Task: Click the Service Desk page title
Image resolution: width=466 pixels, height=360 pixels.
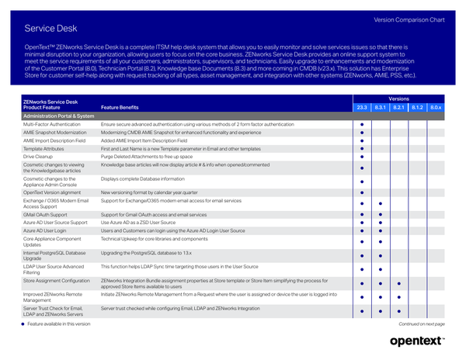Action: tap(50, 28)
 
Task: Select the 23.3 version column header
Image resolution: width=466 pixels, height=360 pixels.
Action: tap(362, 107)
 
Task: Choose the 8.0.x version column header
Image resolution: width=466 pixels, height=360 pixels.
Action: tap(436, 107)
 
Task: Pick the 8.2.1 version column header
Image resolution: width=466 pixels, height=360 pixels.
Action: tap(398, 107)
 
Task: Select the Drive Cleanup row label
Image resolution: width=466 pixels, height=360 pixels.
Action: tap(38, 156)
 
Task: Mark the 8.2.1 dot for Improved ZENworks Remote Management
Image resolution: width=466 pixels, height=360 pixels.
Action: tap(398, 298)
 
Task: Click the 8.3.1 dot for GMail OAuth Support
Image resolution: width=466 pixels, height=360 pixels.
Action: tap(381, 214)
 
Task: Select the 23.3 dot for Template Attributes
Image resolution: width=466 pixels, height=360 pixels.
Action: tap(362, 147)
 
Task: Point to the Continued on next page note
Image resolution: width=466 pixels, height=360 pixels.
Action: tap(422, 324)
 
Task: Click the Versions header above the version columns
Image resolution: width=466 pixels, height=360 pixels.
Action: tap(398, 99)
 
